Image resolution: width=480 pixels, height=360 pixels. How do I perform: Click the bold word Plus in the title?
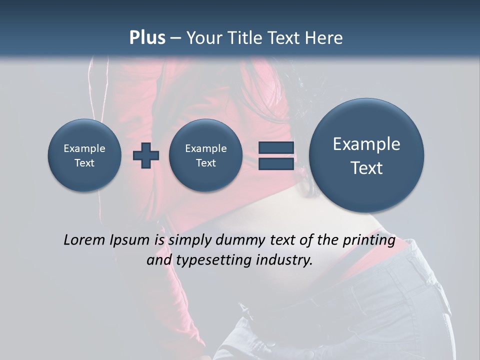(x=147, y=38)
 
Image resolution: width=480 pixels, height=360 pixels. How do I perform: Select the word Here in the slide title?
(x=324, y=38)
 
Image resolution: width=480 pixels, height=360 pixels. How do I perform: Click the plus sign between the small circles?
(x=146, y=155)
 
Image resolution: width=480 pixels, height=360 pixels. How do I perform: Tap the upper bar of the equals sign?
(x=275, y=147)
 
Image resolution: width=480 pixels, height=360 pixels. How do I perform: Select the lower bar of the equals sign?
(x=275, y=164)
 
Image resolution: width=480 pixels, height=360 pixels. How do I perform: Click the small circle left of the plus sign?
(x=84, y=155)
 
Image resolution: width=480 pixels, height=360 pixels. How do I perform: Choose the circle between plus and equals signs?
(x=205, y=155)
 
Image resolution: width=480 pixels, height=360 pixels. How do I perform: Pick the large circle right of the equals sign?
(x=366, y=155)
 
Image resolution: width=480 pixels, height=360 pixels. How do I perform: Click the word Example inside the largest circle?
(x=366, y=144)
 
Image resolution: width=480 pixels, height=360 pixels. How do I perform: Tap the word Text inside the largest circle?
(x=366, y=168)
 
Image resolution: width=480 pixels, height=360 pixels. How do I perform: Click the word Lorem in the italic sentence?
(x=84, y=240)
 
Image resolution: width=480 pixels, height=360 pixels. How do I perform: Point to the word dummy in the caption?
(x=240, y=240)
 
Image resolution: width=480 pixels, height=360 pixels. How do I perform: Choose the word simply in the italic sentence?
(x=189, y=240)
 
